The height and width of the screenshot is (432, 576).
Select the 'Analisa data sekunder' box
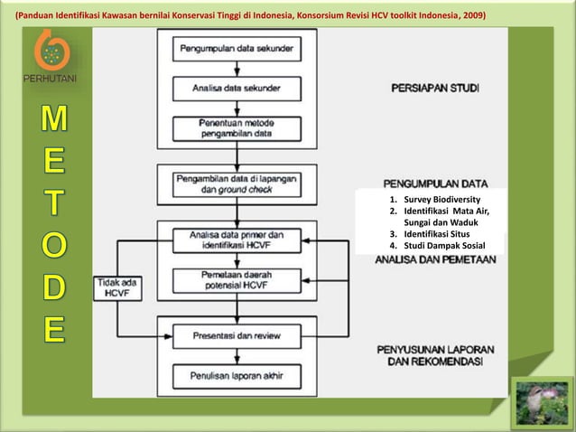pyautogui.click(x=237, y=89)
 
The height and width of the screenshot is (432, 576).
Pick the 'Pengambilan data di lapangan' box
pyautogui.click(x=237, y=185)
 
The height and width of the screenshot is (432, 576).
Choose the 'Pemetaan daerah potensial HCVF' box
pyautogui.click(x=237, y=281)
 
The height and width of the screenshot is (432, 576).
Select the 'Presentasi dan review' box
pyautogui.click(x=237, y=335)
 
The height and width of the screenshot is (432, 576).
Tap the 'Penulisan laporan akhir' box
pyautogui.click(x=237, y=375)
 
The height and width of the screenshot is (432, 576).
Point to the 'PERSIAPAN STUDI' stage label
pyautogui.click(x=435, y=89)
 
